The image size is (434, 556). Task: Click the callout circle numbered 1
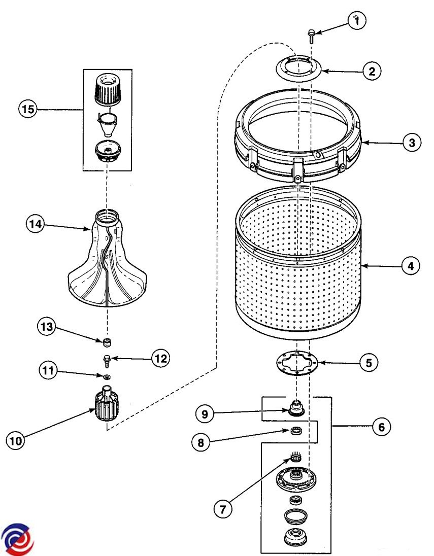click(357, 21)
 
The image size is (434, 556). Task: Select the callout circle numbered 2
click(372, 72)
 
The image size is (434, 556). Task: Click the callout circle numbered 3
click(412, 143)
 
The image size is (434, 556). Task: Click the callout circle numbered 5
click(369, 363)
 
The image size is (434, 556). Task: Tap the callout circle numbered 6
click(381, 427)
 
